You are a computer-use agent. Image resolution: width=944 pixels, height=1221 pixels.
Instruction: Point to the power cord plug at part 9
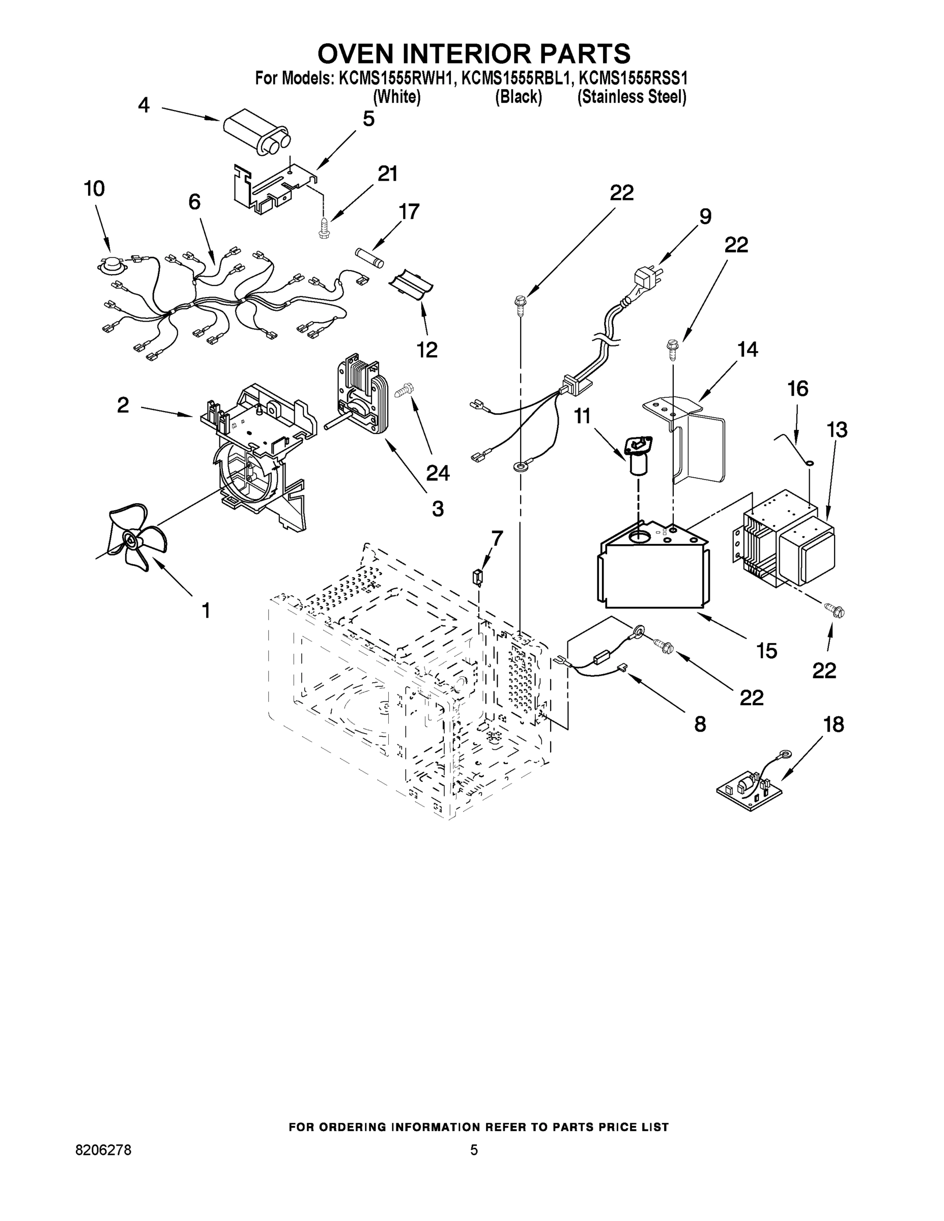point(646,277)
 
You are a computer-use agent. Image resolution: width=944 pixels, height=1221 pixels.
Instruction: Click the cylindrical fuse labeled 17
point(370,258)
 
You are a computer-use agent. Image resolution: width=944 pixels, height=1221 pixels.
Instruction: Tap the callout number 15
point(766,650)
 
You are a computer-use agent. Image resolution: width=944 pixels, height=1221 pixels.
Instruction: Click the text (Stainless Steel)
point(632,97)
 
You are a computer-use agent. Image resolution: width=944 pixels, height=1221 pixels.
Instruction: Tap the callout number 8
point(700,724)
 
